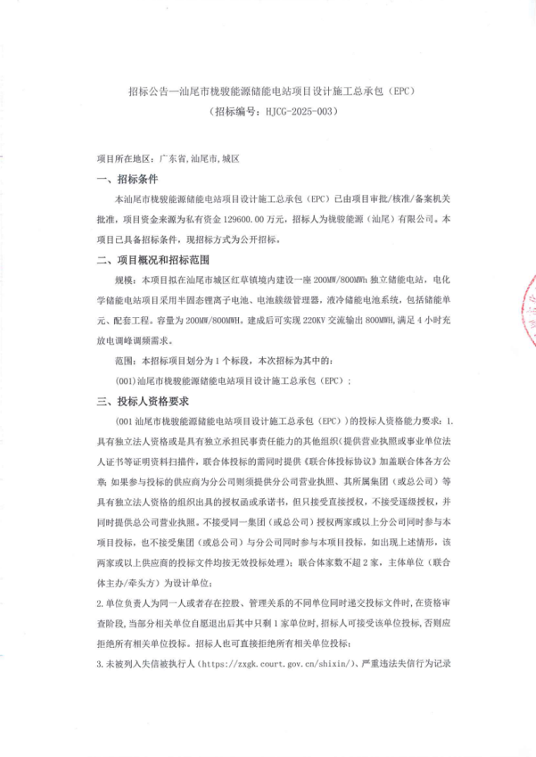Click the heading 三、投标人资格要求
(x=143, y=401)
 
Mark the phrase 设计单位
(x=199, y=583)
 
